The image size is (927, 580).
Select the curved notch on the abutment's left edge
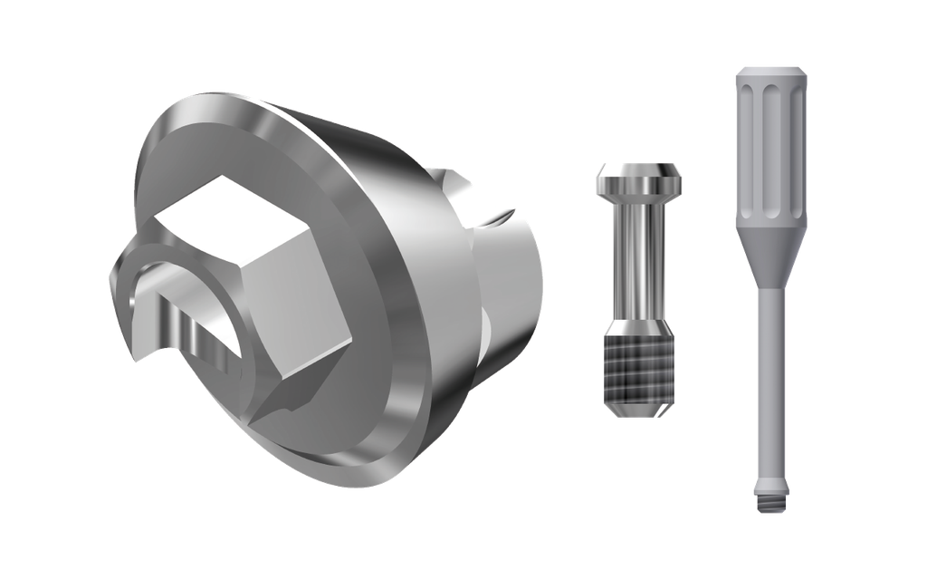pos(136,308)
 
